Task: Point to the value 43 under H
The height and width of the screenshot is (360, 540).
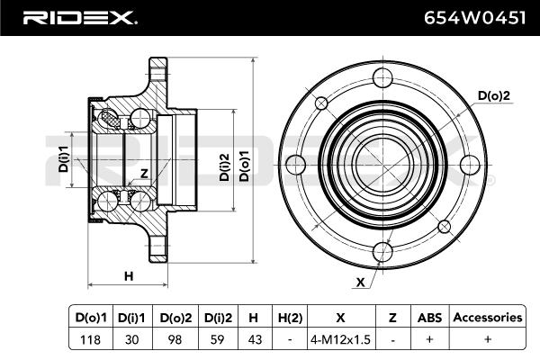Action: point(254,341)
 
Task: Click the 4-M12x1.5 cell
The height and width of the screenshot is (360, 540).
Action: point(340,341)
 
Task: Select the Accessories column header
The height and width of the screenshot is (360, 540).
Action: point(487,317)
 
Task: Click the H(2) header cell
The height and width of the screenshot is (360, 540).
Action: point(289,317)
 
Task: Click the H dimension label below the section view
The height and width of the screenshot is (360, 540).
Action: point(129,275)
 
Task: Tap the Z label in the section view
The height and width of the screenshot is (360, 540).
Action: point(144,174)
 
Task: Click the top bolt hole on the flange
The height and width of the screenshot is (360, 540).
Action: point(386,80)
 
